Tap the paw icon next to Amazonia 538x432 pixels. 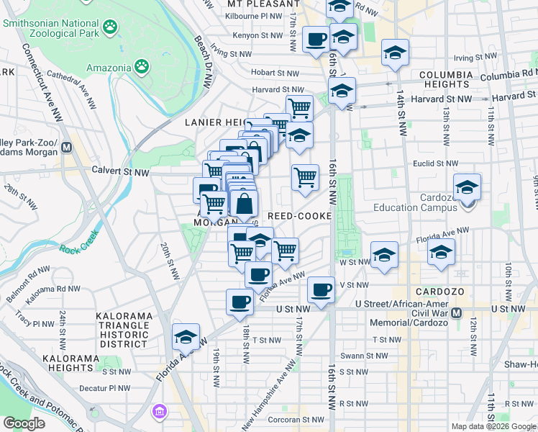(142, 68)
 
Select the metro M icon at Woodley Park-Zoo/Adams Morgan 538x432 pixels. (67, 147)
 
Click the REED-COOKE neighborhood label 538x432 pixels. (299, 216)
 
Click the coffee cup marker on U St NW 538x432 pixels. (240, 302)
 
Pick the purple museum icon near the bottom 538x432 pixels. (158, 412)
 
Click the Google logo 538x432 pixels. (24, 423)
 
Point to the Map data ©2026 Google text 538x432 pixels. (493, 426)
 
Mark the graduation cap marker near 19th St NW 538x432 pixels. (186, 337)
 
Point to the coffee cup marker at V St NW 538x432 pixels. (322, 290)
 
